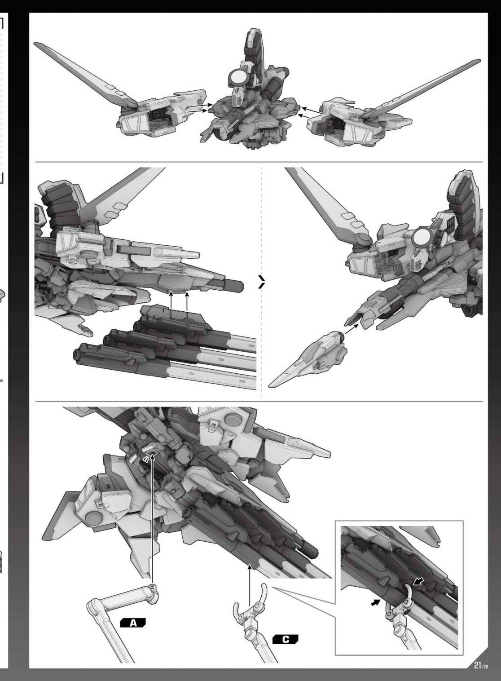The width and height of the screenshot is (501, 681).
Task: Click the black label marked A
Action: pos(133,623)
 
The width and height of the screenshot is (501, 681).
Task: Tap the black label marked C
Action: pos(285,640)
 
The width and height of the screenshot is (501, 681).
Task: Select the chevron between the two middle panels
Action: pos(262,282)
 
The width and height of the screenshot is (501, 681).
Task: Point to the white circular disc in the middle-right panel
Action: pos(422,238)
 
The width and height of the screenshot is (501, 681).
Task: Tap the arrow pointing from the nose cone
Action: pos(352,329)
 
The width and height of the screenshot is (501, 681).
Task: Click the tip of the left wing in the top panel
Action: pos(35,44)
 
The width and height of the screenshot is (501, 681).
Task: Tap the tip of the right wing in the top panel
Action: pos(479,61)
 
